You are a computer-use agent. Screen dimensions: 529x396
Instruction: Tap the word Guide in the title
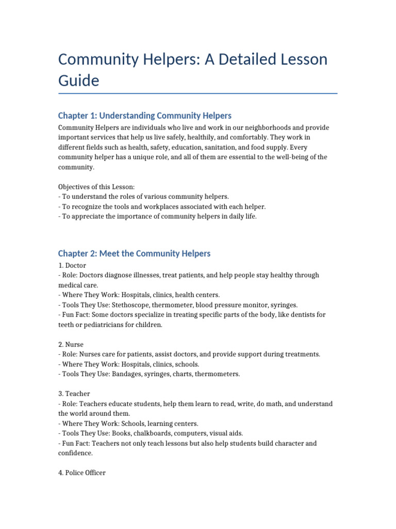[x=78, y=81]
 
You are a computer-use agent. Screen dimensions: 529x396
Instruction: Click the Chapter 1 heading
[x=145, y=115]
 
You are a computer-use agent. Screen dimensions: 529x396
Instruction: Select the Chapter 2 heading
[x=134, y=253]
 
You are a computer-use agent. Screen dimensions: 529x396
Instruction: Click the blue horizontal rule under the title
[x=198, y=94]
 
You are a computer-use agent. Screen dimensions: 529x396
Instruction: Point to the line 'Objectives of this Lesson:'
[x=96, y=187]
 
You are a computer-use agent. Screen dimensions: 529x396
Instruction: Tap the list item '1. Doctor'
[x=73, y=266]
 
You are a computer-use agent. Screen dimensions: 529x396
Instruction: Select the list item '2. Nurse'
[x=71, y=344]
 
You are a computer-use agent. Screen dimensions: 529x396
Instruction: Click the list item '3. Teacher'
[x=74, y=394]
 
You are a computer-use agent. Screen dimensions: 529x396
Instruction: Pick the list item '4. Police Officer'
[x=82, y=473]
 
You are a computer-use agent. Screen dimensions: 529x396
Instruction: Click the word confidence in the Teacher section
[x=75, y=453]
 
